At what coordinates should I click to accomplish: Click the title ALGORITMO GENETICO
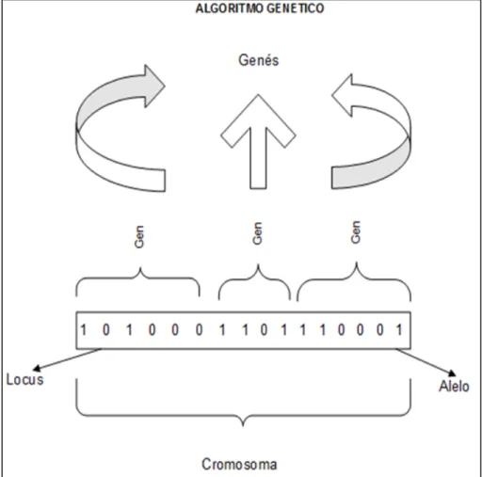[x=260, y=8]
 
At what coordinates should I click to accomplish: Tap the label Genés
[x=258, y=60]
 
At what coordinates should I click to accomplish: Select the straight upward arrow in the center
[x=258, y=142]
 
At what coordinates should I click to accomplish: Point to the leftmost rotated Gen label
[x=138, y=237]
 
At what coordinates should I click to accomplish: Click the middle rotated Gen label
[x=257, y=233]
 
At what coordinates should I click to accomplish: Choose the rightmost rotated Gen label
[x=356, y=232]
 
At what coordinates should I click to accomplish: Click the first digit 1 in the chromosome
[x=84, y=330]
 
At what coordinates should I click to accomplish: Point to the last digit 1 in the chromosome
[x=399, y=330]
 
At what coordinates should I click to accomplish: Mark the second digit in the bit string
[x=106, y=330]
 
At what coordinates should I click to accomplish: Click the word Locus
[x=25, y=379]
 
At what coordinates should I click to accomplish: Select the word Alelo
[x=454, y=386]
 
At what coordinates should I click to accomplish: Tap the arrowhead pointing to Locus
[x=37, y=368]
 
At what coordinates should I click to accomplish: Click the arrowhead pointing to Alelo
[x=452, y=373]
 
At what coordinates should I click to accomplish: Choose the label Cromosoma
[x=239, y=464]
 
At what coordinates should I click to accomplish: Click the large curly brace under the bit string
[x=243, y=416]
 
